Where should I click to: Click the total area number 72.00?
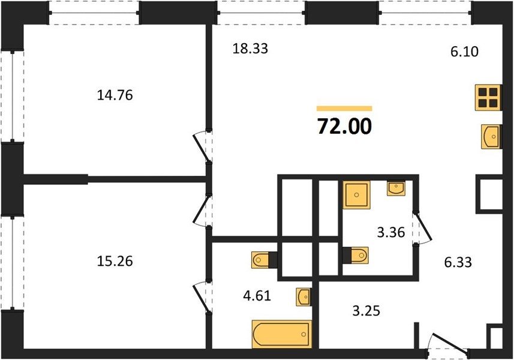click(344, 127)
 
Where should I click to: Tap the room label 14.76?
click(115, 95)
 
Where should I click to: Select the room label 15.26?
click(115, 262)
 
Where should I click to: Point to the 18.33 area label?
click(250, 48)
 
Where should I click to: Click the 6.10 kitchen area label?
click(464, 52)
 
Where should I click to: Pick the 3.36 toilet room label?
click(391, 232)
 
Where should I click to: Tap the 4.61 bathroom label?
click(257, 296)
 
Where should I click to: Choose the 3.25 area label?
click(366, 310)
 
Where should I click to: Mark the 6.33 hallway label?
click(458, 262)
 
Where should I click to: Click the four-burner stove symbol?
click(488, 97)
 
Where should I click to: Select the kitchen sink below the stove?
click(491, 136)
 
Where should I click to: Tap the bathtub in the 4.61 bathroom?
click(281, 334)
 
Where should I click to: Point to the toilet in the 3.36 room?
click(355, 255)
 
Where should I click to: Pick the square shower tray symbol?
click(356, 195)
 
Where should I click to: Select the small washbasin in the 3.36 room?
click(396, 188)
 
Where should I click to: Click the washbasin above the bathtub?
click(303, 297)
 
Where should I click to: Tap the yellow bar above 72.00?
click(344, 109)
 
